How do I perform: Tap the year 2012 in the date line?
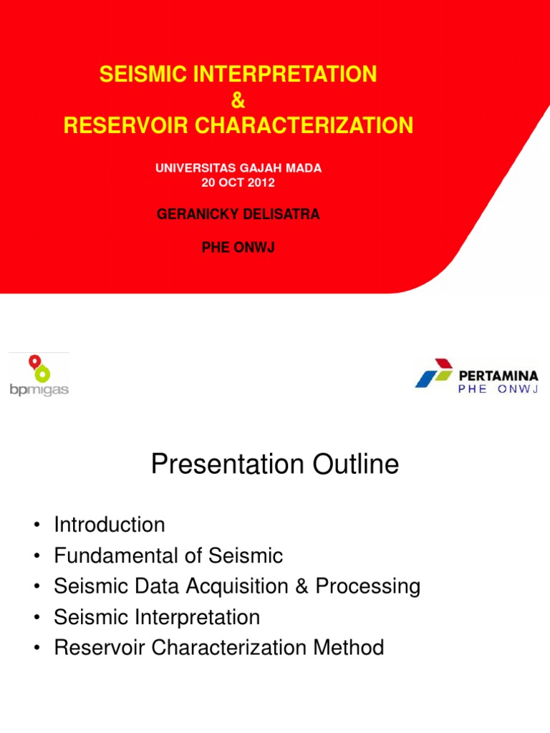coord(261,183)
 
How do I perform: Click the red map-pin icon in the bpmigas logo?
coord(34,362)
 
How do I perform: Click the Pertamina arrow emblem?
coord(434,373)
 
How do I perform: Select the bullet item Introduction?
coord(110,525)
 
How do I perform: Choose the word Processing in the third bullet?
coord(368,586)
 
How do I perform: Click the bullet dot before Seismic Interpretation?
coord(35,618)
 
